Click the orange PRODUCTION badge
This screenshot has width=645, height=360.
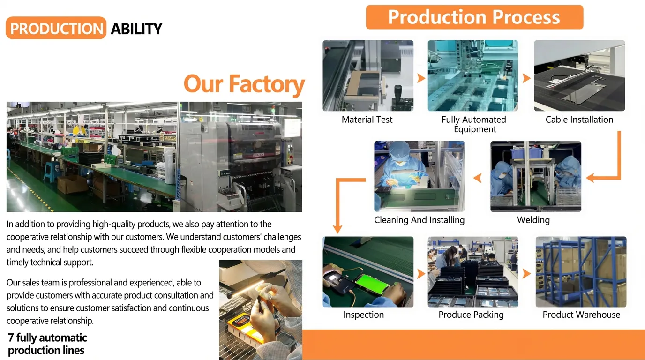(x=56, y=28)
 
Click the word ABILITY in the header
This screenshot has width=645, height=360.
(x=136, y=29)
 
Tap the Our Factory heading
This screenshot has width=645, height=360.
(x=244, y=84)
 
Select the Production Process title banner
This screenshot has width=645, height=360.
(x=474, y=18)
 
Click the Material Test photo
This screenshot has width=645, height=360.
(x=368, y=75)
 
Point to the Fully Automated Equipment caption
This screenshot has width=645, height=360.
(x=474, y=124)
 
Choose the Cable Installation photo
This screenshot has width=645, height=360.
(x=579, y=75)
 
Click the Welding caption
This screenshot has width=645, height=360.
(x=533, y=220)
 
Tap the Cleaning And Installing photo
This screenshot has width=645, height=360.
(x=419, y=176)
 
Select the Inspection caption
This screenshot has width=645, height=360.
(x=363, y=315)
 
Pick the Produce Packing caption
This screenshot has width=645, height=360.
(x=471, y=315)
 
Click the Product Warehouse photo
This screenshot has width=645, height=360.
(x=581, y=272)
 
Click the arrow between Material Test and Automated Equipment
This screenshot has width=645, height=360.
(x=421, y=78)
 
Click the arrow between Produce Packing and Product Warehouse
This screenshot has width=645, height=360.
(x=527, y=274)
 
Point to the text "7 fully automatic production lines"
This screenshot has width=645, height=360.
(x=47, y=344)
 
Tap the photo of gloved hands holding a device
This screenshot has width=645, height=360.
(x=261, y=309)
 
